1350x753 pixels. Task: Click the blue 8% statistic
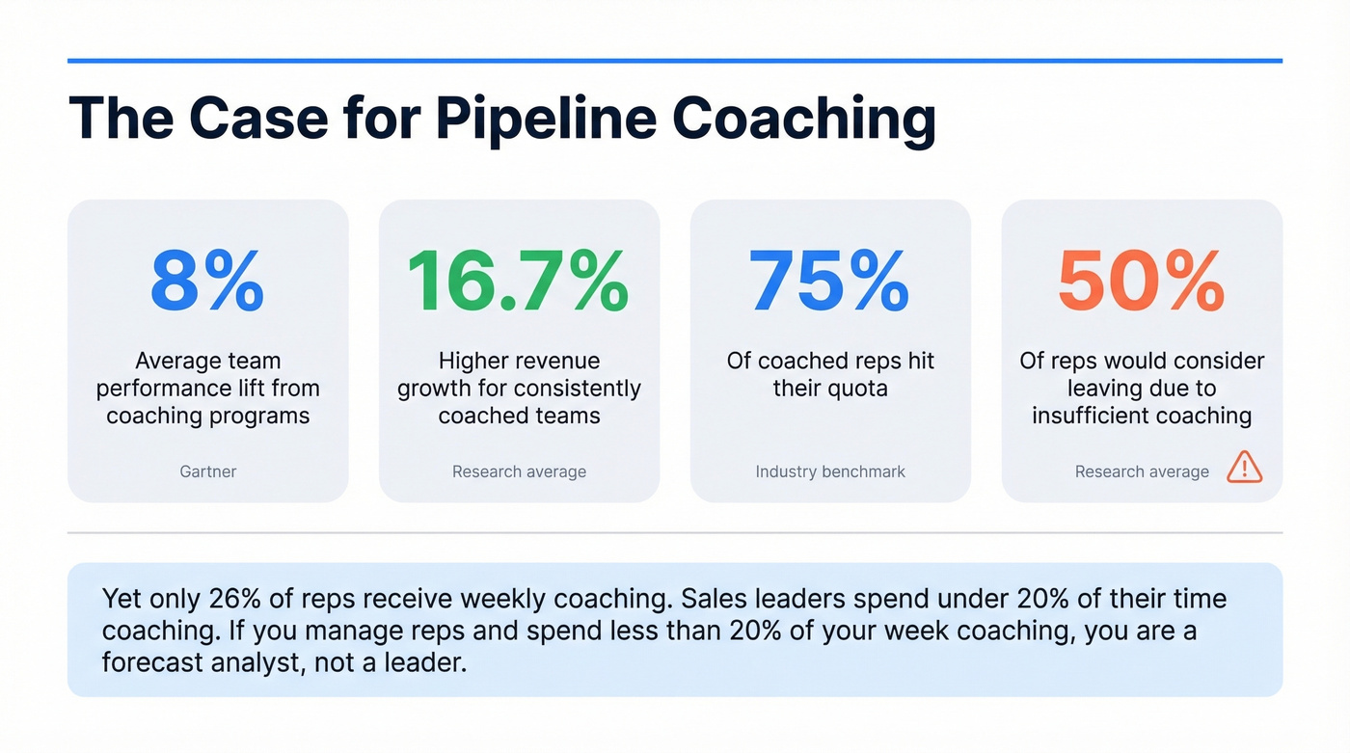[207, 281]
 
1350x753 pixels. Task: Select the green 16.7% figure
[519, 281]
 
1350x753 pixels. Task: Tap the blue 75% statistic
[830, 281]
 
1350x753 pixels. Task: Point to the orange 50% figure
[1141, 281]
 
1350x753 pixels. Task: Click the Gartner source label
[207, 471]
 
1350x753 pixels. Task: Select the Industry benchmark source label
[830, 471]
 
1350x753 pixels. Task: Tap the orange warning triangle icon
[1244, 469]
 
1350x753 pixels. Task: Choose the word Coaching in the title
[804, 120]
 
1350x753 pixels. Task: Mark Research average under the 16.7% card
[519, 471]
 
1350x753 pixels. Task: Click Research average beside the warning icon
[1142, 471]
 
